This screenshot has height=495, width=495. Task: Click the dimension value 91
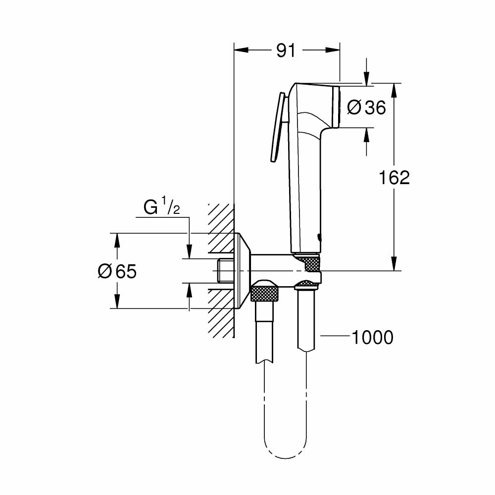(286, 50)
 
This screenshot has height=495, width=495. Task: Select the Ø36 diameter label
(366, 107)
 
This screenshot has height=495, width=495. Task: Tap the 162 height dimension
(394, 177)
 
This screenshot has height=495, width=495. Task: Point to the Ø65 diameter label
(117, 271)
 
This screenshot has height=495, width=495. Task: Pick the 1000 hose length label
(372, 337)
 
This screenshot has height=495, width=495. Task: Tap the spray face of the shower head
(338, 107)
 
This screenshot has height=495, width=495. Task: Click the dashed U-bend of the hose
(287, 448)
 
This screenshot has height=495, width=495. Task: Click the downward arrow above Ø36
(367, 78)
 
